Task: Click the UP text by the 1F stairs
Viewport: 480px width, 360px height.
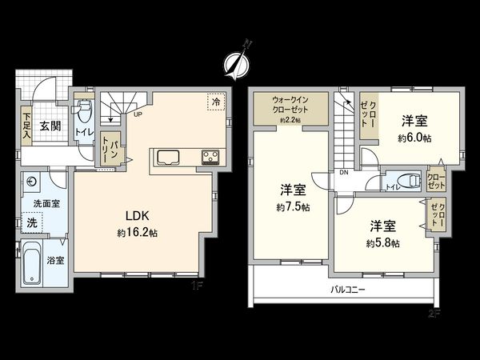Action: (x=138, y=114)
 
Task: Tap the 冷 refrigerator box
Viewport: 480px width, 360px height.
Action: (x=214, y=102)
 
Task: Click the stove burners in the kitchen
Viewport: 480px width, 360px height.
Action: (x=210, y=155)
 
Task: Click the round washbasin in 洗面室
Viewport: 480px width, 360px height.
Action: (x=30, y=181)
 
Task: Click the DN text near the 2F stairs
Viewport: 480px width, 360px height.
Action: (x=343, y=172)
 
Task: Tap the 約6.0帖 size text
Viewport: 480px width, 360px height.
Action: (x=415, y=138)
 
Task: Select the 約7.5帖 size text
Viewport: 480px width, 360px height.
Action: (x=293, y=207)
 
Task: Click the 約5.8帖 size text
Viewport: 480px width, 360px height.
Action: (x=382, y=242)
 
